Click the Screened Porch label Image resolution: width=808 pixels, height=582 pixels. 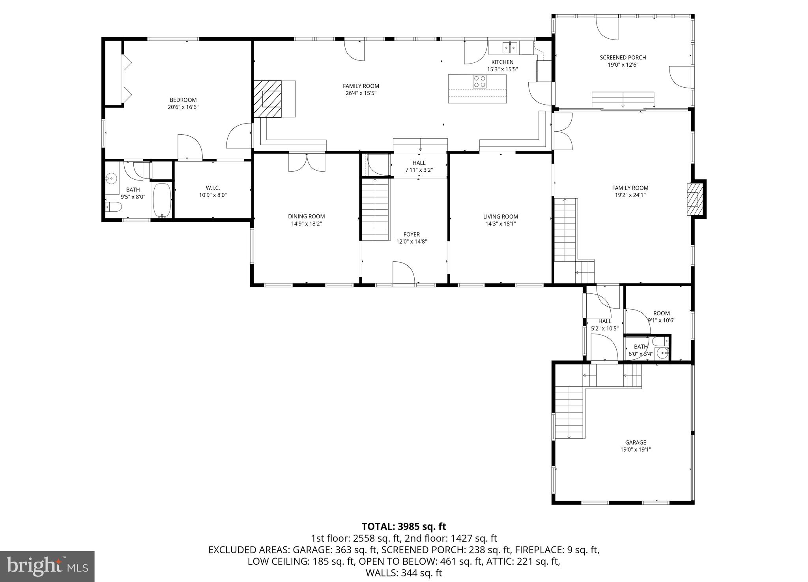tap(623, 57)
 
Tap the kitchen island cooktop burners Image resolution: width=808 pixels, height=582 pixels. tap(480, 81)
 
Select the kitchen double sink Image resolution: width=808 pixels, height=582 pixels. tap(510, 48)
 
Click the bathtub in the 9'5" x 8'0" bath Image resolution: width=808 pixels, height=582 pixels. tap(162, 200)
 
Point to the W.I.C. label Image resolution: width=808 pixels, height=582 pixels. tap(213, 188)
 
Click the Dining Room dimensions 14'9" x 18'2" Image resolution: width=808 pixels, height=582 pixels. tap(306, 223)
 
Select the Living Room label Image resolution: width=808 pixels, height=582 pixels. tap(500, 216)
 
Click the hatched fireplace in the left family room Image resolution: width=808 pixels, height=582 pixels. tap(267, 99)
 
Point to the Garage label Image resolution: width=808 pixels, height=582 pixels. tap(635, 442)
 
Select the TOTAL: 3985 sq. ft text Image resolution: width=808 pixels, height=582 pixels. tap(404, 526)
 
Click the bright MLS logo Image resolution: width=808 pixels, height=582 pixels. tap(47, 566)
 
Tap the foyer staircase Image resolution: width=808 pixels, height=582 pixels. tap(375, 209)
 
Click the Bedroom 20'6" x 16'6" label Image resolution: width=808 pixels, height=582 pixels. tap(183, 100)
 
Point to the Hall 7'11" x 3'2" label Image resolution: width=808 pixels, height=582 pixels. tap(419, 163)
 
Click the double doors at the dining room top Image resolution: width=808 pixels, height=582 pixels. tap(307, 163)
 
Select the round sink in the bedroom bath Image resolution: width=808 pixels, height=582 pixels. tap(112, 179)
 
